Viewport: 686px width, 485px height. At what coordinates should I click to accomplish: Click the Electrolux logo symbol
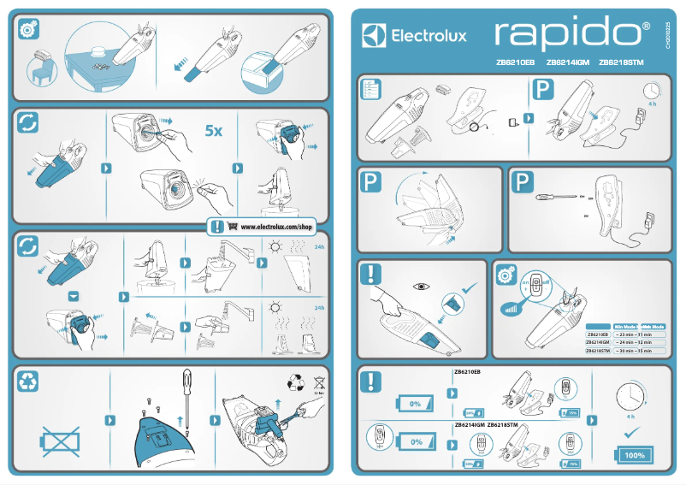[x=375, y=35]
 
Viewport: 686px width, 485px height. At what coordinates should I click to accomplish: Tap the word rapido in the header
[x=571, y=33]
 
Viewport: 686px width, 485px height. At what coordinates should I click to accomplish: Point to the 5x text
[x=213, y=131]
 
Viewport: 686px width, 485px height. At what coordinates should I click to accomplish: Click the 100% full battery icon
[x=634, y=454]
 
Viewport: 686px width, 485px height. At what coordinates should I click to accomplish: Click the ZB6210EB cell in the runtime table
[x=596, y=334]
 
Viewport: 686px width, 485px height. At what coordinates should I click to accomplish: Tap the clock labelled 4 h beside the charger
[x=653, y=90]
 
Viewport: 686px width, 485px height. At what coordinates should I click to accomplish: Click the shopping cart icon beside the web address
[x=232, y=228]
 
